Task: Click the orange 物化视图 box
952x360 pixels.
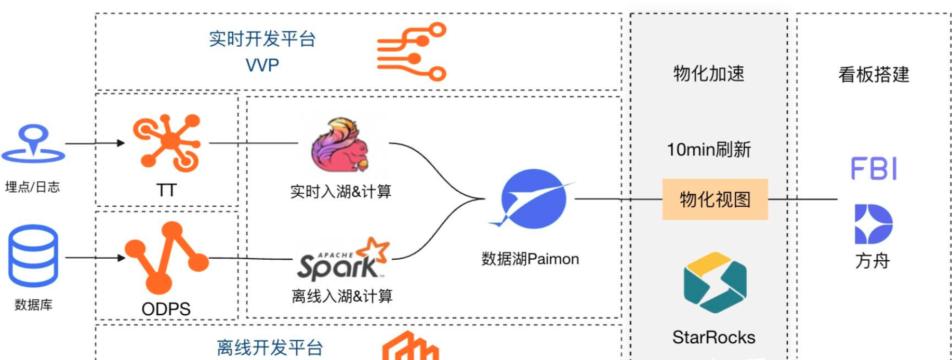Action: (x=715, y=199)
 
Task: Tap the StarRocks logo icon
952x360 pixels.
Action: (x=715, y=283)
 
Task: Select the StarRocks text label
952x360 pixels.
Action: (x=713, y=338)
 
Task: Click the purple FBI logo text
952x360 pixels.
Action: (x=874, y=169)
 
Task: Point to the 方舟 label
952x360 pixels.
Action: (x=872, y=261)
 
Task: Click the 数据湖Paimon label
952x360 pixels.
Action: (x=530, y=259)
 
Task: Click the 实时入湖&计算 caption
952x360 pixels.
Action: (x=340, y=192)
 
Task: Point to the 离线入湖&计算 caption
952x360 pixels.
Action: (x=342, y=297)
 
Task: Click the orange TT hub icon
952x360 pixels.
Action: (x=167, y=143)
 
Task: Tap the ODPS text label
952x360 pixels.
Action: (x=166, y=309)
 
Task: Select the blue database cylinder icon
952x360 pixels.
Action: (x=33, y=256)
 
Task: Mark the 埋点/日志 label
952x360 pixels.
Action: (x=32, y=187)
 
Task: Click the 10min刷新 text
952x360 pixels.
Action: (x=709, y=150)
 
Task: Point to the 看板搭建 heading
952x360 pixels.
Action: (x=874, y=75)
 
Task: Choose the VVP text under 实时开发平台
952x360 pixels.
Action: (x=262, y=65)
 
